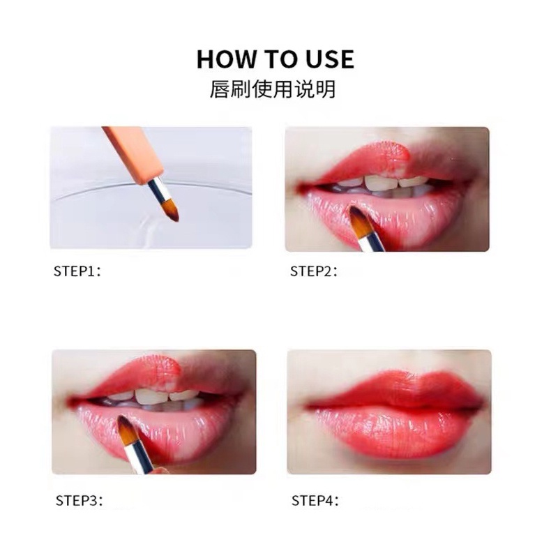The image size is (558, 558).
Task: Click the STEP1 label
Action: pos(77,271)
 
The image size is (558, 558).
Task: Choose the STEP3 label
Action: pos(79,500)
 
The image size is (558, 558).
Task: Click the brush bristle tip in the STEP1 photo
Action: pos(171,210)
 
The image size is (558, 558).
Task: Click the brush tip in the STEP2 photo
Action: pos(360,222)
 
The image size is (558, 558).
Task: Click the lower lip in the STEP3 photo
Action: pos(174,429)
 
